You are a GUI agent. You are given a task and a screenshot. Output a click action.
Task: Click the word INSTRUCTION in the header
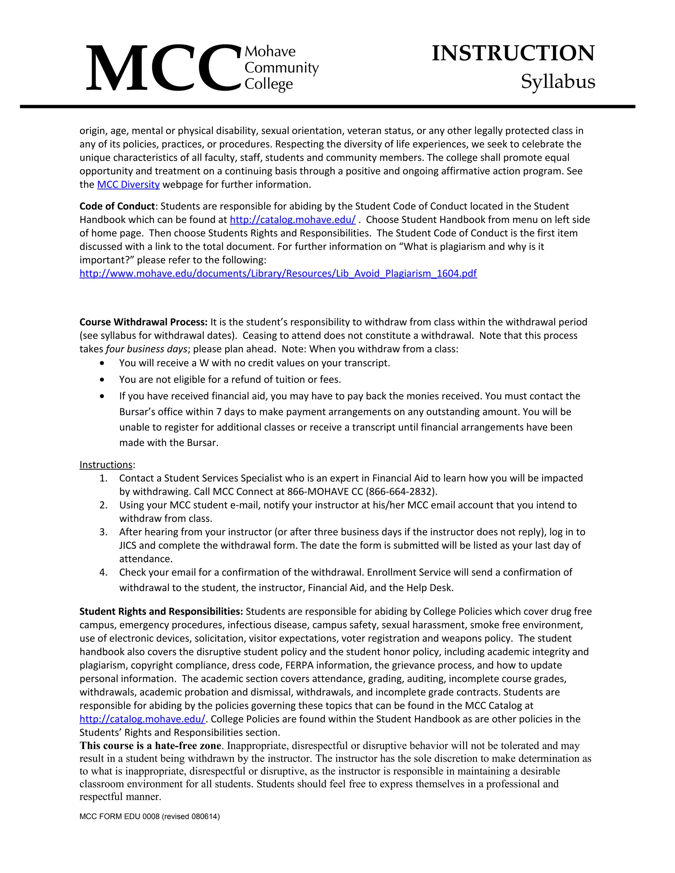point(513,53)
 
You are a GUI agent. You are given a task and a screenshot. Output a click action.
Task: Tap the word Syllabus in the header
point(558,82)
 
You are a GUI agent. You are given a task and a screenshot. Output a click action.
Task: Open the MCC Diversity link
point(128,185)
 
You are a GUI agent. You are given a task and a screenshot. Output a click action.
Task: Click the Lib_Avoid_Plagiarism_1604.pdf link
point(278,273)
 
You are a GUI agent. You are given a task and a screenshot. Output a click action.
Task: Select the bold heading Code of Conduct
point(117,206)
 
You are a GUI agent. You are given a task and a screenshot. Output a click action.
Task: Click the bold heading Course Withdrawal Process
point(143,322)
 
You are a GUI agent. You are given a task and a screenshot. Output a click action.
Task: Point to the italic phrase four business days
point(146,349)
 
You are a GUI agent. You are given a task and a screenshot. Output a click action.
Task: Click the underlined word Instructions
point(106,465)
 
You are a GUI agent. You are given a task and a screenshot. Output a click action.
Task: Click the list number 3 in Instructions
point(103,532)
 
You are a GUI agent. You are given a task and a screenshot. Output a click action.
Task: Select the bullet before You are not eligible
point(103,379)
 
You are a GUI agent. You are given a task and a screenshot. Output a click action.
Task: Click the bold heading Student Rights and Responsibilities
point(161,611)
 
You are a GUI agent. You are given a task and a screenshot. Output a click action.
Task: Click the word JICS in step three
point(128,546)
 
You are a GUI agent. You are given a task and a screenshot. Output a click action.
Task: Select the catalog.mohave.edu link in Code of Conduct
point(292,220)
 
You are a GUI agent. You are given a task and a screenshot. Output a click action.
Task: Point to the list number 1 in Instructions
point(103,478)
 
